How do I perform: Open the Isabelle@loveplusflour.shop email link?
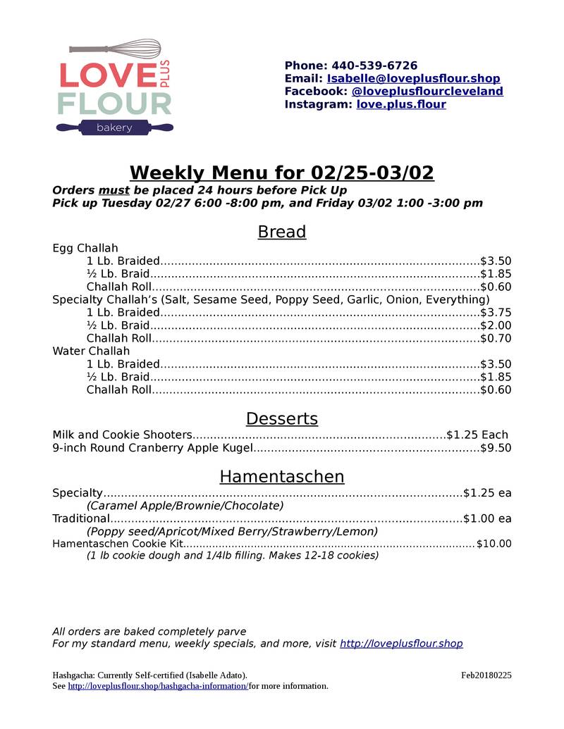click(x=413, y=78)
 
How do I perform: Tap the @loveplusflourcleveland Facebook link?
click(x=427, y=92)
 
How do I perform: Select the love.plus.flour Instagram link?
click(x=400, y=104)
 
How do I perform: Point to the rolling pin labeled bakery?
click(x=114, y=127)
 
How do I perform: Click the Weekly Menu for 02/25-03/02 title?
click(x=281, y=173)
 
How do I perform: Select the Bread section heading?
click(x=281, y=232)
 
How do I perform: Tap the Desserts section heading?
click(x=281, y=418)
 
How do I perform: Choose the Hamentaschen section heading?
click(x=281, y=477)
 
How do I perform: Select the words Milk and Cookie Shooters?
click(x=122, y=435)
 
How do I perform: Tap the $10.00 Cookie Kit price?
click(x=493, y=544)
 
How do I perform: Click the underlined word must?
click(x=114, y=190)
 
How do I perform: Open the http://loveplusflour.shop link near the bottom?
click(x=401, y=644)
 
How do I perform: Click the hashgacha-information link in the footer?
click(x=157, y=686)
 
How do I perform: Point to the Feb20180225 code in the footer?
click(x=486, y=675)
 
